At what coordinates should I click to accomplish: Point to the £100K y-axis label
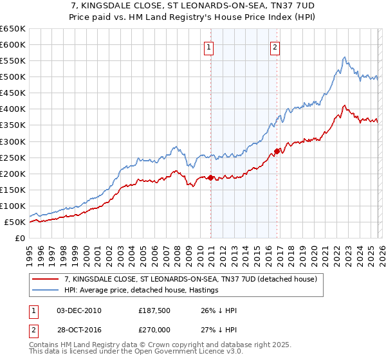[x=13, y=206]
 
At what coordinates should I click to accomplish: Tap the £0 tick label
[x=20, y=239]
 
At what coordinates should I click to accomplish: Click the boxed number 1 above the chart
[x=210, y=46]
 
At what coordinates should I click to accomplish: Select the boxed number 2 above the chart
[x=275, y=46]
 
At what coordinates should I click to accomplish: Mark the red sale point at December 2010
[x=210, y=178]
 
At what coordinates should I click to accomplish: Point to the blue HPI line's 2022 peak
[x=345, y=57]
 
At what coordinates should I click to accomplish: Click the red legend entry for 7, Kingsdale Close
[x=190, y=279]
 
